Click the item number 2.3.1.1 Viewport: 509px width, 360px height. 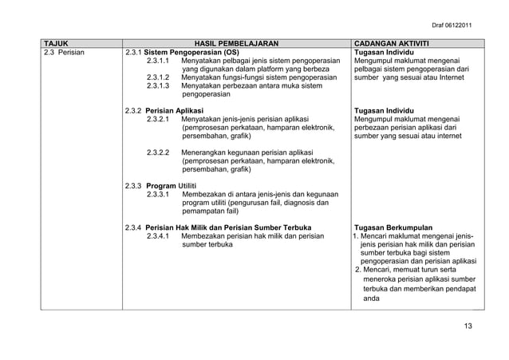coord(160,60)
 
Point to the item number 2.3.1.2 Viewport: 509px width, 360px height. coord(160,77)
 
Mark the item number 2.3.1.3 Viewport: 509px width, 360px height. coord(160,86)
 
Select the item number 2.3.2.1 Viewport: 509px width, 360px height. coord(160,119)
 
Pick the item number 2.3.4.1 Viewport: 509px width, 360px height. coord(160,235)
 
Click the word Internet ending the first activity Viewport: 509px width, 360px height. coord(447,78)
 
